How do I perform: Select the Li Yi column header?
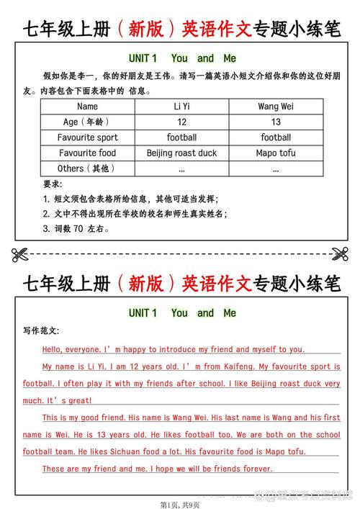coord(181,107)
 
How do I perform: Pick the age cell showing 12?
coord(181,122)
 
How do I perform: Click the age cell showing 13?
coord(276,122)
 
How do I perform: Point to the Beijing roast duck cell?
coord(181,153)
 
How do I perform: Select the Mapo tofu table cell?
coord(276,153)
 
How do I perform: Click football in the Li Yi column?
coord(181,137)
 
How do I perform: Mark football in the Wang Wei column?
coord(276,137)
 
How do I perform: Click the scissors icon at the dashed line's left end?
coord(20,253)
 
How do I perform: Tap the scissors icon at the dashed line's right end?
coord(340,253)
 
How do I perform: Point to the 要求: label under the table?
coord(52,184)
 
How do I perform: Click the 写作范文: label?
coord(41,331)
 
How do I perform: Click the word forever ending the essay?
coord(257,469)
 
